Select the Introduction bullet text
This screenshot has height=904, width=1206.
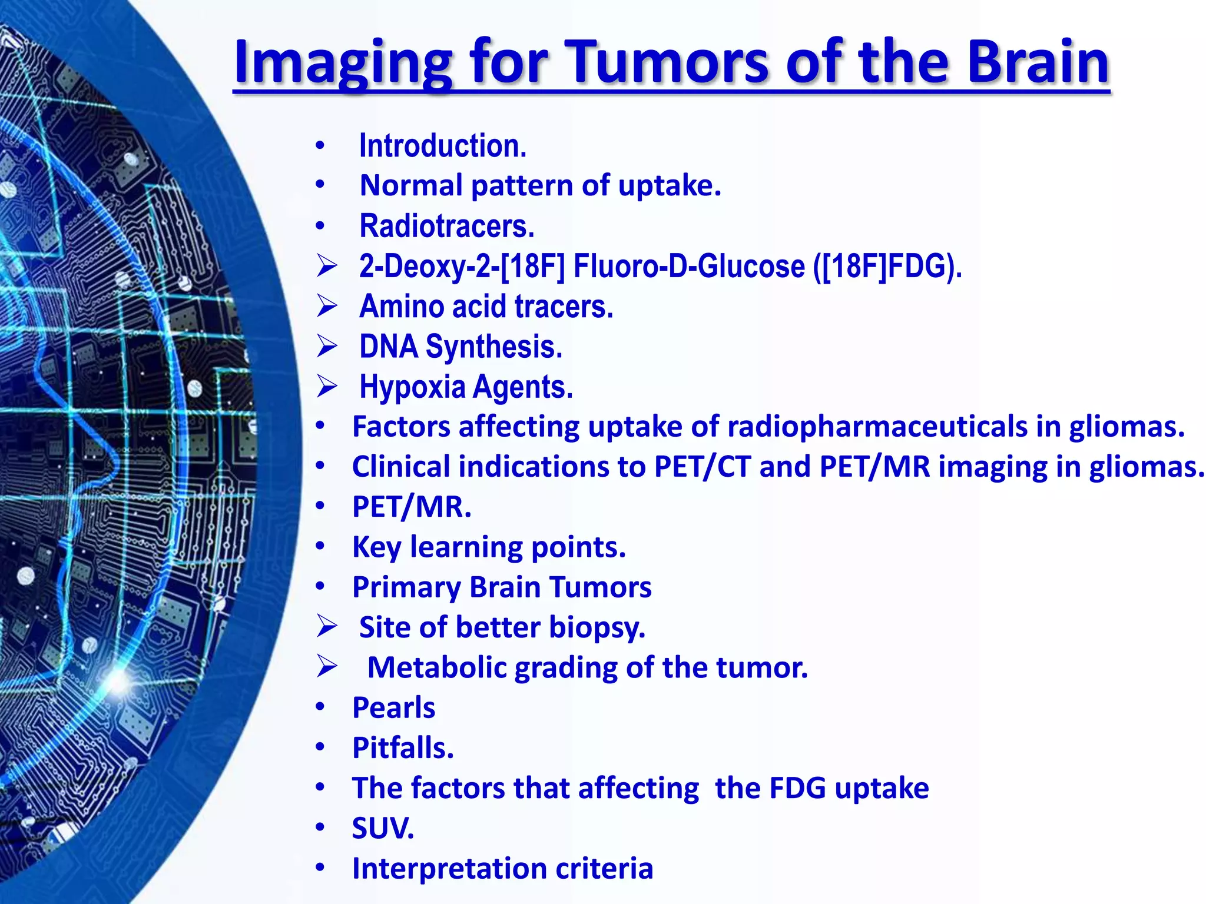coord(443,146)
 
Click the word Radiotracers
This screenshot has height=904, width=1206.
coord(447,227)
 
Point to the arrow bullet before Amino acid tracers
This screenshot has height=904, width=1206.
coord(326,306)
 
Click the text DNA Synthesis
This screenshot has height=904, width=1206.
coord(460,347)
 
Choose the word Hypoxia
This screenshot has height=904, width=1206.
coord(412,387)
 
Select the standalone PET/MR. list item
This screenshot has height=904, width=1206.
coord(412,507)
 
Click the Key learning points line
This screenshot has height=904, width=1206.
coord(488,547)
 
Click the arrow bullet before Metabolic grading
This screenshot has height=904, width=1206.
coord(326,667)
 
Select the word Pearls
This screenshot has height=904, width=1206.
coord(393,707)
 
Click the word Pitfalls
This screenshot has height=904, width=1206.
coord(403,748)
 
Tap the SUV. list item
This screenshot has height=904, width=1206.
coord(383,828)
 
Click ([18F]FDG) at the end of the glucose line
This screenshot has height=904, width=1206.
coord(887,266)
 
